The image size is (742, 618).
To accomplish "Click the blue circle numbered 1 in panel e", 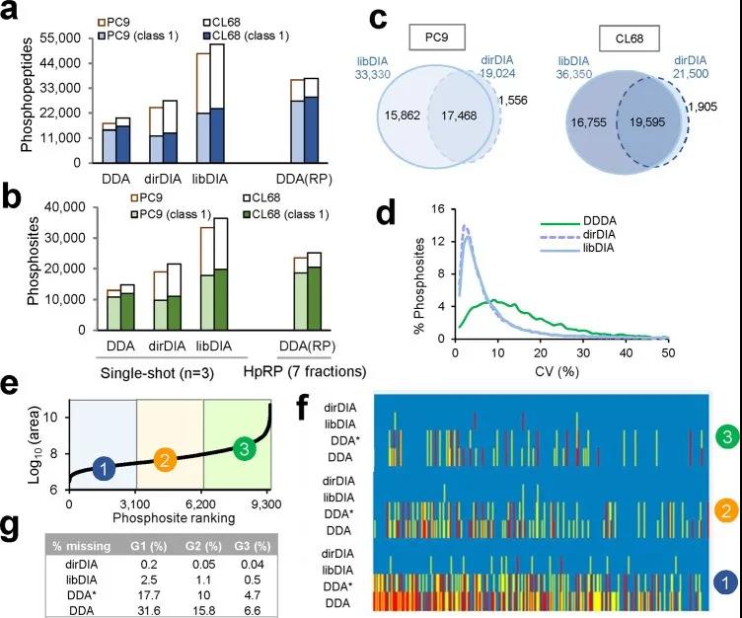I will click(x=105, y=472).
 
